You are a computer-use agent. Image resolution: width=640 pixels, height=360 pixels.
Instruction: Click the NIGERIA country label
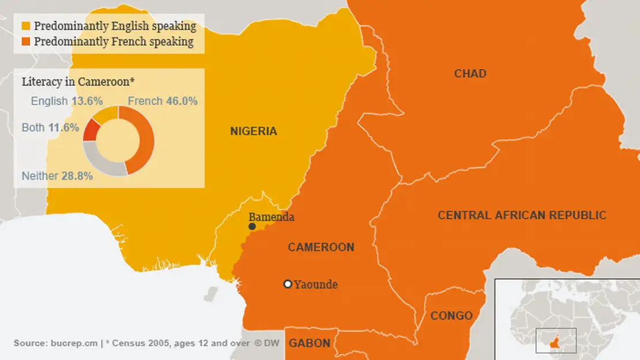[x=254, y=132]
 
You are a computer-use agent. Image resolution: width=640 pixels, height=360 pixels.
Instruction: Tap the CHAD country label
[x=470, y=74]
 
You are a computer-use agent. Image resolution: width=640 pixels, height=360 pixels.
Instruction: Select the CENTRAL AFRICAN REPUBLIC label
[x=522, y=215]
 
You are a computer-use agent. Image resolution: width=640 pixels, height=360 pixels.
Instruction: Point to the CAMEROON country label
[x=321, y=247]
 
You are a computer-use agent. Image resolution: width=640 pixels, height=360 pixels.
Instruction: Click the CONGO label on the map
[x=451, y=316]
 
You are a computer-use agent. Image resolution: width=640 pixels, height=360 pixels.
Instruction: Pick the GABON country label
[x=310, y=343]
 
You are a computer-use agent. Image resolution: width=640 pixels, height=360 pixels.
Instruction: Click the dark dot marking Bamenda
[x=252, y=227]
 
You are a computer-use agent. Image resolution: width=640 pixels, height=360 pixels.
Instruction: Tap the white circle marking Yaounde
[x=288, y=284]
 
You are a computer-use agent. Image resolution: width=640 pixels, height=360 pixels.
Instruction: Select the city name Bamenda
[x=272, y=217]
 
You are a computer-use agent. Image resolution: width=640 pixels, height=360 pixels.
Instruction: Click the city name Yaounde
[x=316, y=284]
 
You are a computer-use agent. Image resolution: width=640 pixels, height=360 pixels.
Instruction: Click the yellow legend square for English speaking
[x=26, y=26]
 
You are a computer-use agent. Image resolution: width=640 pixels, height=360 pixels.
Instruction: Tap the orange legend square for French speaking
[x=26, y=42]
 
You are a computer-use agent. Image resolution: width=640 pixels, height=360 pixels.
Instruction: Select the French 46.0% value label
[x=163, y=101]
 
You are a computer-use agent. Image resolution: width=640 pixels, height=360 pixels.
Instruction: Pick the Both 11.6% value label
[x=50, y=127]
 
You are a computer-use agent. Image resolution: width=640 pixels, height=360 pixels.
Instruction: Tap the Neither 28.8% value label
[x=57, y=177]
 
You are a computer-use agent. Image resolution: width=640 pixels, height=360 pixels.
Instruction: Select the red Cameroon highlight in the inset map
[x=556, y=339]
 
